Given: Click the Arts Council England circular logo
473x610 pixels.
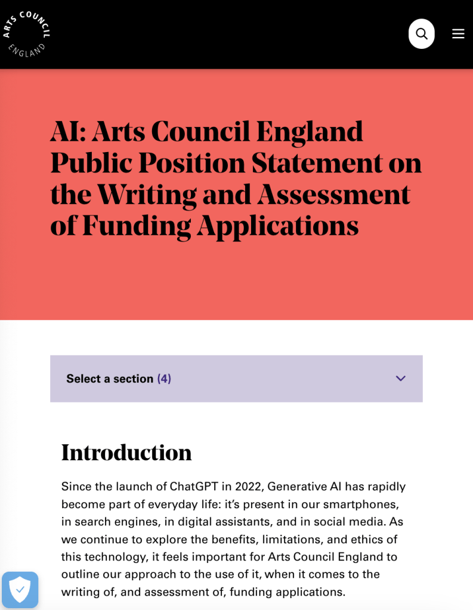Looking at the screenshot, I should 26,33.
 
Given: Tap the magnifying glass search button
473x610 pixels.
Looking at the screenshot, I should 421,34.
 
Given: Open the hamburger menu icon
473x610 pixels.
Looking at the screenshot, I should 458,34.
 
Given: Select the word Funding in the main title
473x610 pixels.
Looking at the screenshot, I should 137,225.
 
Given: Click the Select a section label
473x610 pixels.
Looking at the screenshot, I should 110,379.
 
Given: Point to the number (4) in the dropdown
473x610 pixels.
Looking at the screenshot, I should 164,379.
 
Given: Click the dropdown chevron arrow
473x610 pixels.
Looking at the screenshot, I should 400,379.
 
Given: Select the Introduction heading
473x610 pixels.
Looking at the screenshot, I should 126,453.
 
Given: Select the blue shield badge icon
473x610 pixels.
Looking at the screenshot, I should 20,590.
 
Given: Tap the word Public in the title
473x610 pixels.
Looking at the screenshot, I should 85,163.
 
